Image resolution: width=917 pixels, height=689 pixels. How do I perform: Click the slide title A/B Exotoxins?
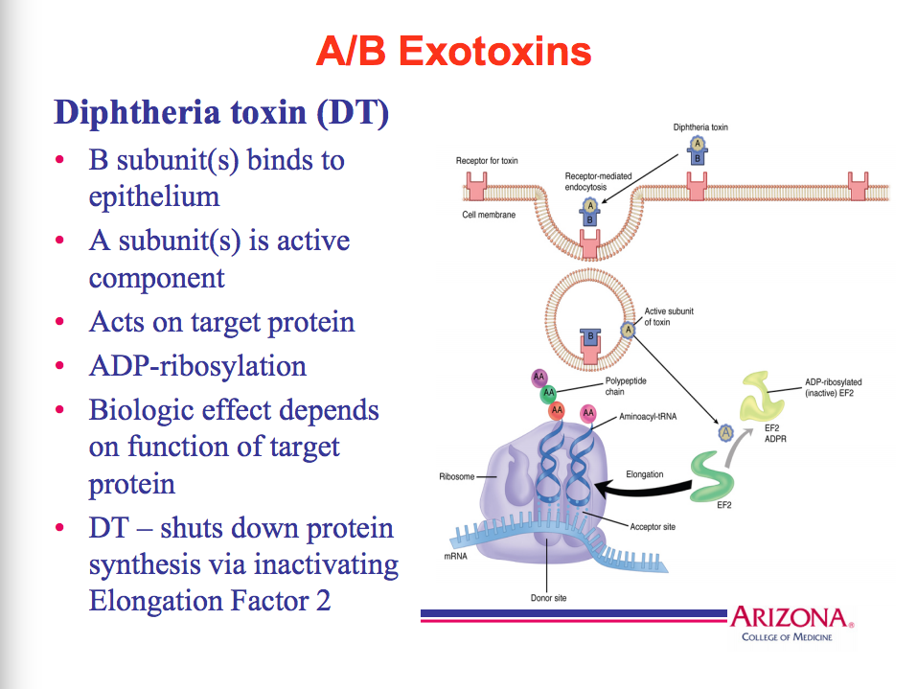pos(453,51)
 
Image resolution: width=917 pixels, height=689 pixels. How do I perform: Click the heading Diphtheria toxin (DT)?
pos(221,113)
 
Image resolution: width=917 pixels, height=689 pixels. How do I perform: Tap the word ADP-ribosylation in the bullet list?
pos(197,366)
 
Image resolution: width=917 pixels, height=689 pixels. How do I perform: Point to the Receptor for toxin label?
pos(487,160)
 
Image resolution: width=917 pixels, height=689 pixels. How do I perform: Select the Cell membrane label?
pos(489,215)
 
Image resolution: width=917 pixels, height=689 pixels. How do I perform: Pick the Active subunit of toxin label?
pos(669,316)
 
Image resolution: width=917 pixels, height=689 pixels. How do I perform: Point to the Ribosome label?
pos(456,476)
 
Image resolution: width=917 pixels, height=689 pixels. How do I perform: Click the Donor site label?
pos(548,598)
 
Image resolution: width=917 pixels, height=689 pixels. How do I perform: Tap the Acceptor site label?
pos(653,526)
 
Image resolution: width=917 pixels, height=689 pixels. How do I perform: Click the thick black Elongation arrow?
pos(642,491)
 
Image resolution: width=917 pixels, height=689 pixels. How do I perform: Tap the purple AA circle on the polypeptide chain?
pos(539,378)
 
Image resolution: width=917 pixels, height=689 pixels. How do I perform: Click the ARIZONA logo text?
pos(789,617)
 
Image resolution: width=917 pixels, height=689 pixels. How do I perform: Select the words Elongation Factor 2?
pos(210,601)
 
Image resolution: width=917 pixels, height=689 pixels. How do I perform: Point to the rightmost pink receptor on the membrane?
pos(858,185)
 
